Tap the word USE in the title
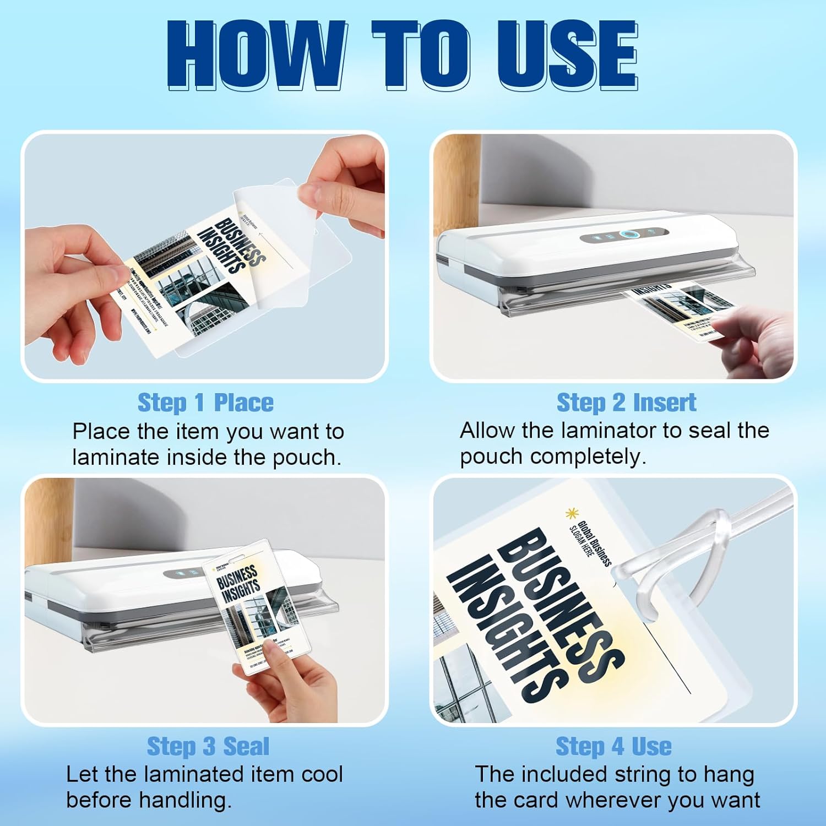click(x=567, y=55)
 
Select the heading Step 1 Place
click(x=205, y=403)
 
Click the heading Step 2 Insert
click(x=626, y=403)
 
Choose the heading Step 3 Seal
click(x=208, y=746)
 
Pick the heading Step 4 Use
click(x=613, y=746)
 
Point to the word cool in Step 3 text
click(x=322, y=774)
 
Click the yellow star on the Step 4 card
click(x=572, y=513)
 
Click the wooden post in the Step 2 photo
click(x=457, y=182)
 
